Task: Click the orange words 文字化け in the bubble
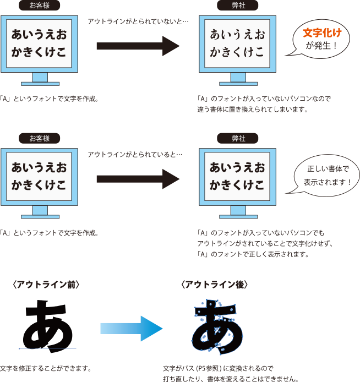322,33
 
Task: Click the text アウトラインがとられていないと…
138,21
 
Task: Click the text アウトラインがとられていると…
135,154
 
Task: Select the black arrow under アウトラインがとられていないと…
138,46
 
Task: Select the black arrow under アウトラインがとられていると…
138,179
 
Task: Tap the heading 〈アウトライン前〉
47,285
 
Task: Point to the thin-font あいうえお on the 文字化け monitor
237,35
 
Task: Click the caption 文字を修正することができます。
45,368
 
